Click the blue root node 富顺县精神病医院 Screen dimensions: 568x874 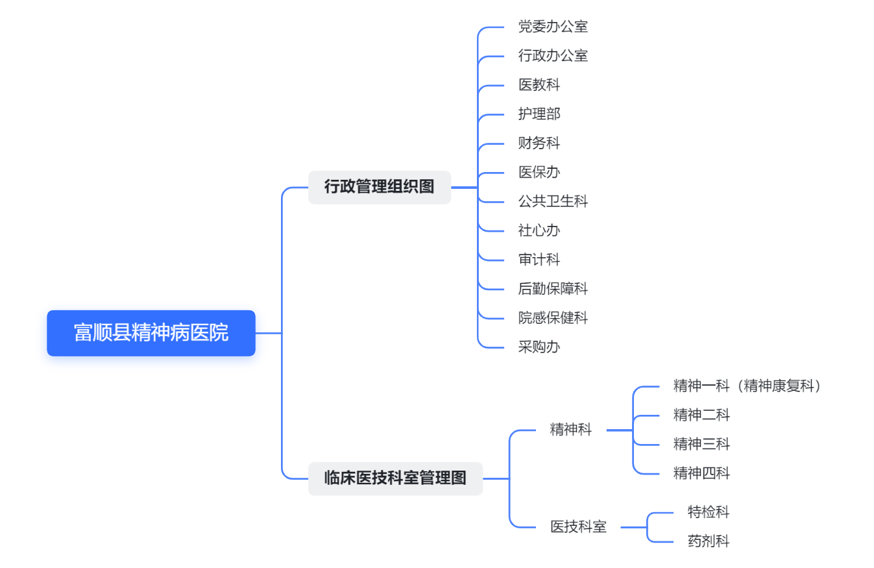[x=151, y=333]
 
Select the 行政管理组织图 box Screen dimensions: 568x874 [x=379, y=187]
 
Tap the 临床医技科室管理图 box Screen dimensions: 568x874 [x=395, y=478]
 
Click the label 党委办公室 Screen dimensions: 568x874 [x=553, y=27]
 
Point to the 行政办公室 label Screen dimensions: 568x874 [x=553, y=56]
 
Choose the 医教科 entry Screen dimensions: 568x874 [x=539, y=85]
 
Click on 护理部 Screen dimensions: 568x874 [x=539, y=114]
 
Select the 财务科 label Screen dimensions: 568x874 [x=539, y=143]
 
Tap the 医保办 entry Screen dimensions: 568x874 [x=539, y=172]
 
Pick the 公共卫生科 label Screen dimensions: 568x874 [x=553, y=201]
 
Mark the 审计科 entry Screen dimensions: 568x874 [x=539, y=260]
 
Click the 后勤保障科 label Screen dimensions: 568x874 [x=553, y=288]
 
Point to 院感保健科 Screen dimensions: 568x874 [x=553, y=317]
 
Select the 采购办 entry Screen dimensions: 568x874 [x=539, y=347]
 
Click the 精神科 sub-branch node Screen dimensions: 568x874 [x=570, y=430]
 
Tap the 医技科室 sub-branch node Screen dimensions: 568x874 [x=578, y=526]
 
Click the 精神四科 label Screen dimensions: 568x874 [x=701, y=473]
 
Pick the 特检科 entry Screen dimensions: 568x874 [x=709, y=512]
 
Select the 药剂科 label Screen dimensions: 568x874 [x=709, y=541]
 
